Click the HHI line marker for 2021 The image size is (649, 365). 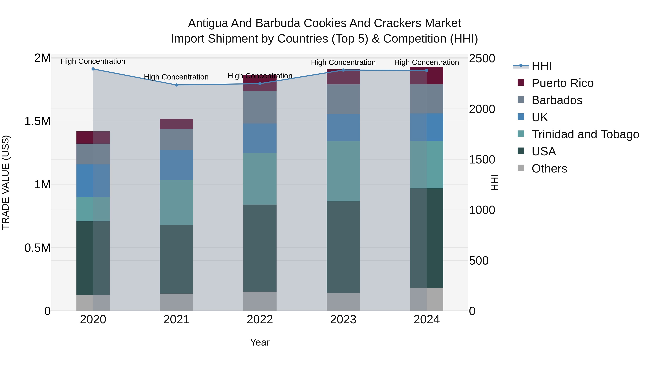click(176, 85)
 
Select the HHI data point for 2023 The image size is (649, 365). click(343, 70)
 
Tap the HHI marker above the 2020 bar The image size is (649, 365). click(93, 69)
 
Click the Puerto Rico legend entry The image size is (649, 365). click(562, 83)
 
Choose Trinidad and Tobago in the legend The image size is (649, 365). click(585, 134)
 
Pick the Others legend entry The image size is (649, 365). click(549, 169)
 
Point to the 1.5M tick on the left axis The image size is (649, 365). click(37, 121)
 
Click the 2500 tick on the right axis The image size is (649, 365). click(482, 58)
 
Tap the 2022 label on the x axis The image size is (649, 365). click(260, 320)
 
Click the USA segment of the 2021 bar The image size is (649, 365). click(176, 259)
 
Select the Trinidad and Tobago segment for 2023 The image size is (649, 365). click(343, 171)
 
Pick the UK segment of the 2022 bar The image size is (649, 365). click(260, 138)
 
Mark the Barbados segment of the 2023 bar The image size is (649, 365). click(343, 99)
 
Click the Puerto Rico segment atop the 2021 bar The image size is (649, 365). click(176, 124)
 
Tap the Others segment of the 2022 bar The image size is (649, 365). click(260, 301)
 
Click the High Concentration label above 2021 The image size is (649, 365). click(176, 77)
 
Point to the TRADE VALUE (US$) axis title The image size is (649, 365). click(6, 182)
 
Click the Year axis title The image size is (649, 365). click(260, 342)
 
